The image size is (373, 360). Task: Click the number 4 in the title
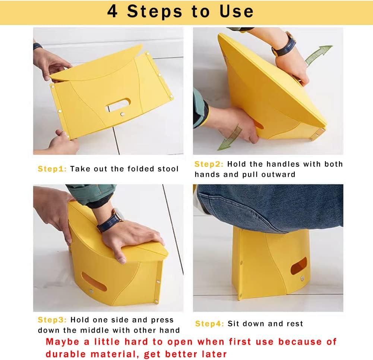coord(113,11)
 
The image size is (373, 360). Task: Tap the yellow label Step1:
coord(52,169)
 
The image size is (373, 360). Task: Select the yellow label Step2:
coord(209,164)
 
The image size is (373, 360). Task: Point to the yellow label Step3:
coord(52,320)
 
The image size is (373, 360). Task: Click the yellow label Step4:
coord(209,323)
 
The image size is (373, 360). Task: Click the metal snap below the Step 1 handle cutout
coord(122,114)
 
